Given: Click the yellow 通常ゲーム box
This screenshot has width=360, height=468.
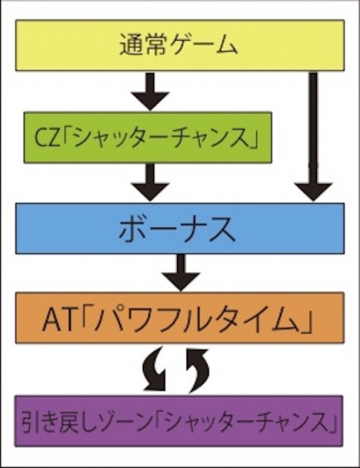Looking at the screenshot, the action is click(x=180, y=45).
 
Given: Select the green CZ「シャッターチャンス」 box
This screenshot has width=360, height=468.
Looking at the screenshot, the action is click(x=148, y=137).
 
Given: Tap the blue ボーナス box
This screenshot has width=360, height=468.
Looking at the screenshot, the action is click(x=180, y=229).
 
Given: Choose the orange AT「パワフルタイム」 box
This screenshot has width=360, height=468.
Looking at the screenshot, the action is click(x=180, y=318).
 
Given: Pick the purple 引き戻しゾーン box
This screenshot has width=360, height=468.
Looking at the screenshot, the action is click(x=179, y=421).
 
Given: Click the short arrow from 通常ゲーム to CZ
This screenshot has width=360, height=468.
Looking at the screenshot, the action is click(x=150, y=91).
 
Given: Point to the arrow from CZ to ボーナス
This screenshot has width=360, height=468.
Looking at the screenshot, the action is click(x=150, y=183).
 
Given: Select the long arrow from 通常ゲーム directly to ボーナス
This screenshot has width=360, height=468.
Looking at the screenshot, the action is click(x=313, y=137).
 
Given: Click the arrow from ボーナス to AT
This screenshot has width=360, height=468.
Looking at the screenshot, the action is click(x=180, y=273).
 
